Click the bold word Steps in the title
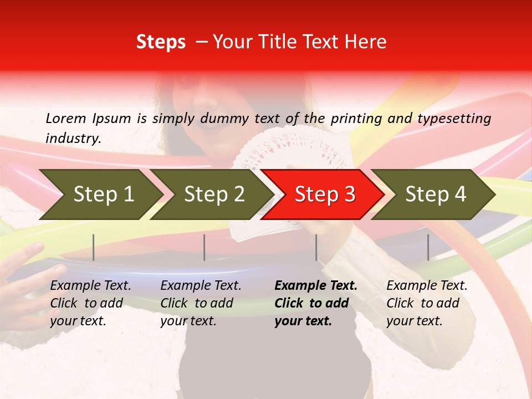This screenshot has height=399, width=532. [x=161, y=42]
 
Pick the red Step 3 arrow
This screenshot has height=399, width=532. [x=325, y=195]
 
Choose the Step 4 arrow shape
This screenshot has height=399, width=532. [x=436, y=195]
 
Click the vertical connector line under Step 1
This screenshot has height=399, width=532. [x=94, y=247]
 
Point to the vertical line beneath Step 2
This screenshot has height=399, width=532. [x=204, y=247]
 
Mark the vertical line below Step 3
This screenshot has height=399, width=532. [x=316, y=247]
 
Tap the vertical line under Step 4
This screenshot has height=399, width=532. [x=428, y=247]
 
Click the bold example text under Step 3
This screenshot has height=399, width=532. [x=316, y=303]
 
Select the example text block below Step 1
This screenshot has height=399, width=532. [x=90, y=303]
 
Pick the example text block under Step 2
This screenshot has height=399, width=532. [x=201, y=303]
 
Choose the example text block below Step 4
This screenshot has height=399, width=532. [x=427, y=303]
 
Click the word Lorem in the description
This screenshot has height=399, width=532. [x=66, y=119]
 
